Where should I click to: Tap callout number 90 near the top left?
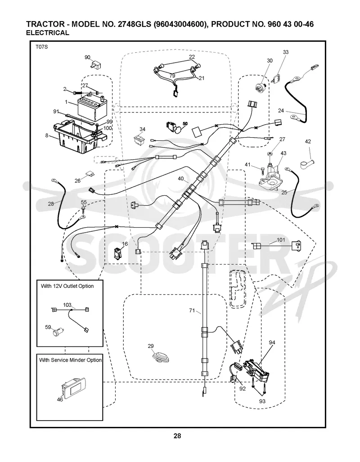click(88, 57)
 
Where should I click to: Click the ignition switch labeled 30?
click(262, 86)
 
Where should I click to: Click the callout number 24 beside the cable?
click(281, 111)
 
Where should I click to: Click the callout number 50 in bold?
click(185, 123)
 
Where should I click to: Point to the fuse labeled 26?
click(90, 174)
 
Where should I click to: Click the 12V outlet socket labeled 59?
click(55, 333)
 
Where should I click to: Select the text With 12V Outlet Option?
click(67, 286)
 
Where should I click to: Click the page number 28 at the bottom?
click(177, 436)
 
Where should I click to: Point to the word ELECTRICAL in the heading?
click(47, 33)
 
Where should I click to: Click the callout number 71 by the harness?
click(192, 310)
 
